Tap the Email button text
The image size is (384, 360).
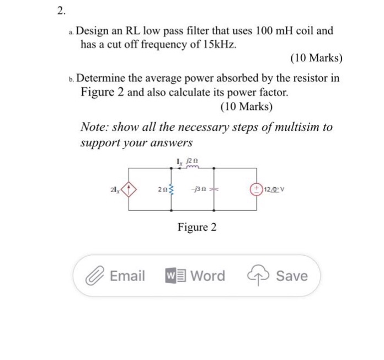tap(127, 276)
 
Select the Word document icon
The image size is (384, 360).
tap(174, 276)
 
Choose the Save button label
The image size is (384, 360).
tap(292, 276)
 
